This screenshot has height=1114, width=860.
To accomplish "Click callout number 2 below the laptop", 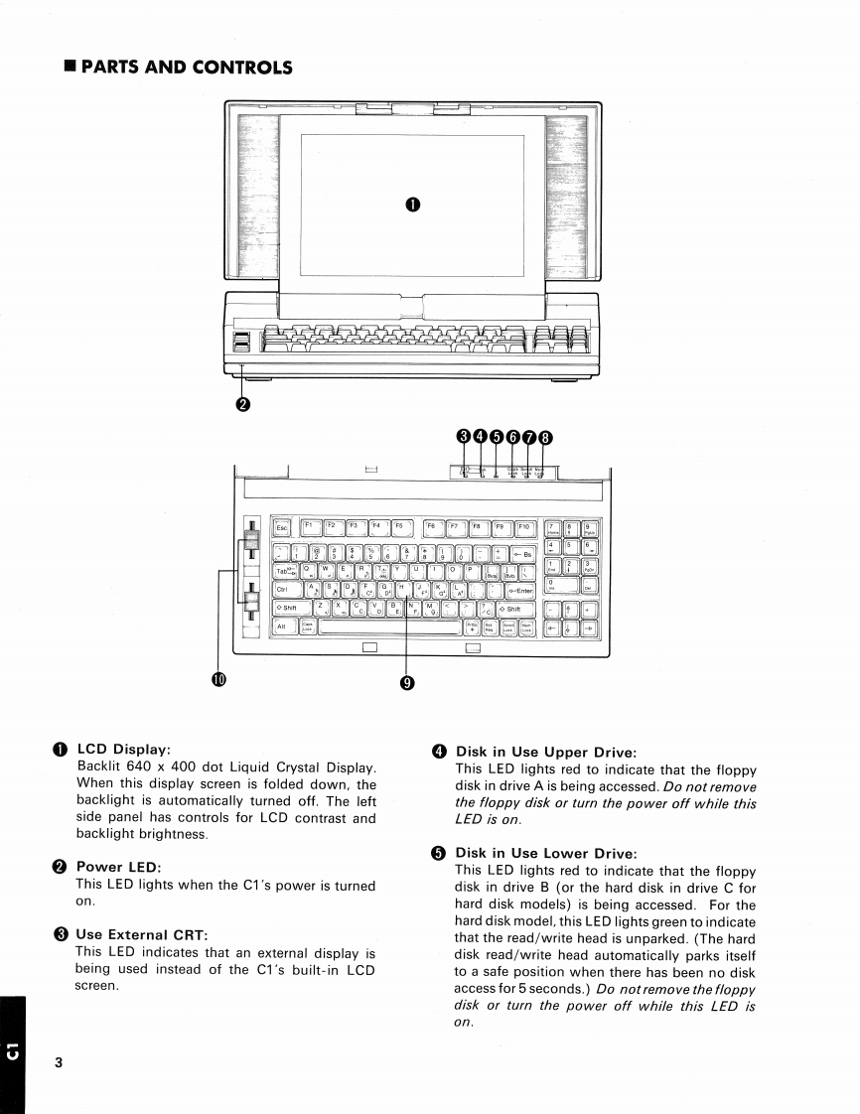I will [242, 403].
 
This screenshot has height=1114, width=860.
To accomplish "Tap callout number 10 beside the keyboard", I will [218, 679].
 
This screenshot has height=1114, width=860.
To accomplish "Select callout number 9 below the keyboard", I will [407, 682].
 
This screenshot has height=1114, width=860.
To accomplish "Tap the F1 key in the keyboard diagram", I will [310, 528].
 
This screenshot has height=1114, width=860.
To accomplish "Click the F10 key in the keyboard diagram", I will [524, 528].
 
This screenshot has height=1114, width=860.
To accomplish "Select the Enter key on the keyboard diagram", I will [519, 590].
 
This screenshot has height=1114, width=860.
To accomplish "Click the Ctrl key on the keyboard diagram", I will [284, 590].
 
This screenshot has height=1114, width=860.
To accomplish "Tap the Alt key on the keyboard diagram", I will [283, 627].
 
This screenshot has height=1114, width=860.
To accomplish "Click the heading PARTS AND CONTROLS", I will [186, 68].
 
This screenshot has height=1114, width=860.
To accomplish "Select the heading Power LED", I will [118, 867].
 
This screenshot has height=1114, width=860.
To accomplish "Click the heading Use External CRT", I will [140, 934].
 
